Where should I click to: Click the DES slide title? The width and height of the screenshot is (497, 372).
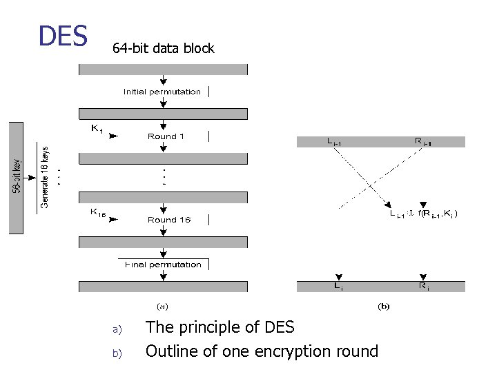tap(63, 36)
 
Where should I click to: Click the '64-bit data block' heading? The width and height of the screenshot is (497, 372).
tap(163, 48)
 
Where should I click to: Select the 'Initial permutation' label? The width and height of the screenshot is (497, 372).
tap(162, 92)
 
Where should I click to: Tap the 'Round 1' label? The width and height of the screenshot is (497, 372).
tap(166, 136)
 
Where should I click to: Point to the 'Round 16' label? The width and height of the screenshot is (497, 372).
tap(168, 220)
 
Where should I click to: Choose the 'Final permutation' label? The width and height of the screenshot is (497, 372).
tap(163, 265)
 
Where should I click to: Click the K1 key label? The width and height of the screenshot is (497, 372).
tap(97, 128)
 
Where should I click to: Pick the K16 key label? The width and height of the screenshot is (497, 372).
tap(98, 212)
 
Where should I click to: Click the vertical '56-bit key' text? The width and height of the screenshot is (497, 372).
tap(16, 176)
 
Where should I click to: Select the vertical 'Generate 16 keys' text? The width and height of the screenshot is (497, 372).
tap(44, 176)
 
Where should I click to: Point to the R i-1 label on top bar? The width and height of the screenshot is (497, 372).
tap(422, 142)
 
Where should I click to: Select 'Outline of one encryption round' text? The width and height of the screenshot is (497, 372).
tap(262, 351)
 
